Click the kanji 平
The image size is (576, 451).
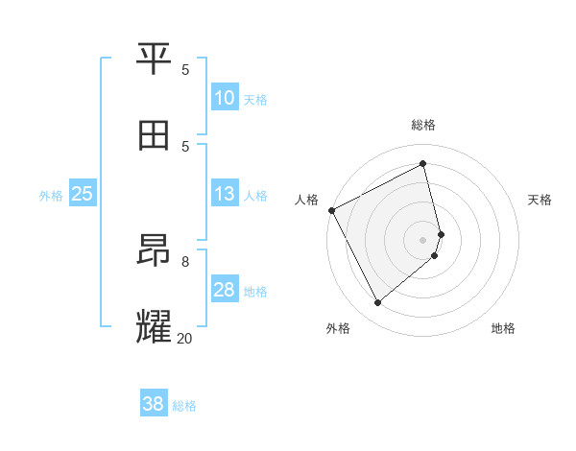click(155, 59)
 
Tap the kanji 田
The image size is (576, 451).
click(155, 135)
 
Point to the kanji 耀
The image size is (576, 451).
click(155, 326)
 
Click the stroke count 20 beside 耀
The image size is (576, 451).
click(184, 338)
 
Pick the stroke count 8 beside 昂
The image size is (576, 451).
click(185, 261)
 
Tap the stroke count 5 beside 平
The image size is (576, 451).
click(185, 70)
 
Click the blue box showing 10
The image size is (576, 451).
click(225, 98)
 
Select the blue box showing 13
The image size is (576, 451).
click(225, 194)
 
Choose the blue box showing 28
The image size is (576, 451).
click(225, 290)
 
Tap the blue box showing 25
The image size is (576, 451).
click(83, 194)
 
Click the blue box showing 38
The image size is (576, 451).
click(154, 404)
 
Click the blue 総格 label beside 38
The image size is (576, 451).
click(184, 406)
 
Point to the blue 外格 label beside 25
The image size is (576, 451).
click(51, 196)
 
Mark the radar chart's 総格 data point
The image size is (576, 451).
click(422, 164)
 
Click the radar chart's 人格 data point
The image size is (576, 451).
click(331, 210)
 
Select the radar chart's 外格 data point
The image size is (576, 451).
click(377, 303)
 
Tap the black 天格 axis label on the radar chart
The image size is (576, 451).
click(540, 200)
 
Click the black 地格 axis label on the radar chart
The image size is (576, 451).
click(503, 329)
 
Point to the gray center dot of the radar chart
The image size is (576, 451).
click(422, 239)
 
